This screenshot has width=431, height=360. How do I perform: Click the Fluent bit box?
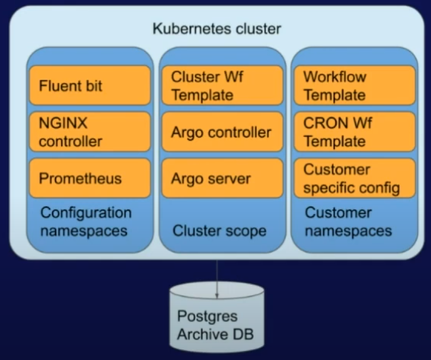tap(90, 85)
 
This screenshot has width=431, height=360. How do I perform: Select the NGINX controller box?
tap(90, 132)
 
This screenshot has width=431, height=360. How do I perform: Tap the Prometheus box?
tap(90, 179)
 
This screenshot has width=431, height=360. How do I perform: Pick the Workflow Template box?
tap(354, 85)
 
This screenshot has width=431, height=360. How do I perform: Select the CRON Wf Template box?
tap(354, 132)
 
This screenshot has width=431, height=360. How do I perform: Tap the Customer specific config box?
tap(354, 178)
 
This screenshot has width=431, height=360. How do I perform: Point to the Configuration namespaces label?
tap(86, 221)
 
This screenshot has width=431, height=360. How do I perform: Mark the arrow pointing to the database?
tap(217, 279)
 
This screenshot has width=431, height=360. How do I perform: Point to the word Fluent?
tap(59, 85)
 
